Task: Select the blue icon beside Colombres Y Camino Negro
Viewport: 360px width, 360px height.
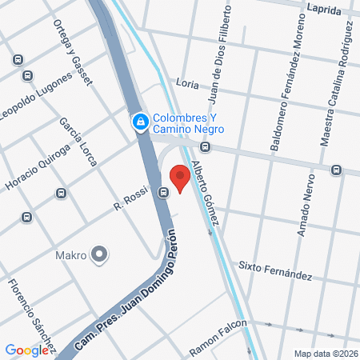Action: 140,122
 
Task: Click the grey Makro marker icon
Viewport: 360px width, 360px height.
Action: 99,255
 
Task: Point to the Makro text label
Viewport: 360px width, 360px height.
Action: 70,256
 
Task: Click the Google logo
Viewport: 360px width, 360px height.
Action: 26,350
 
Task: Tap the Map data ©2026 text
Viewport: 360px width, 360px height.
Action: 325,354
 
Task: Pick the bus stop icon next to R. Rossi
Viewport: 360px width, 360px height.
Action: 164,192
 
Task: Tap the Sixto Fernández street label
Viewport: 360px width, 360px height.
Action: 275,270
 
